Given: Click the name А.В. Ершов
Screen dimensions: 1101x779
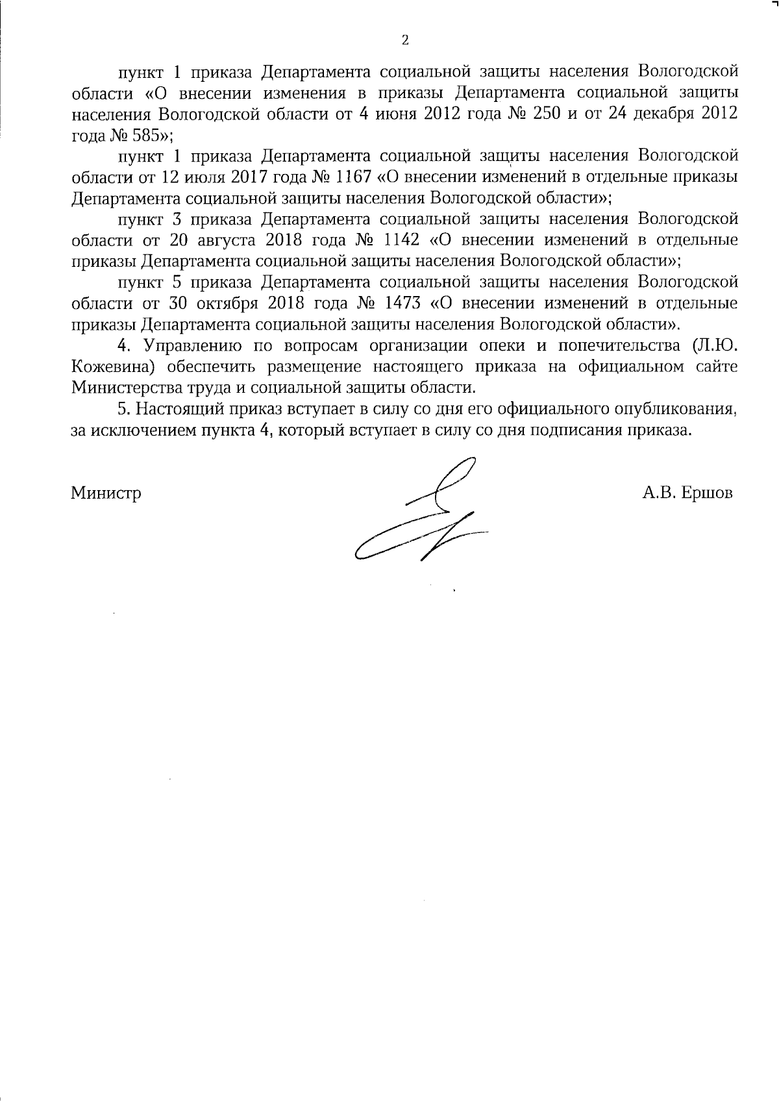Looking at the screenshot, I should pyautogui.click(x=687, y=493).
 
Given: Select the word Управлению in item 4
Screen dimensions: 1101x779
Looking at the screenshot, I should pyautogui.click(x=192, y=345).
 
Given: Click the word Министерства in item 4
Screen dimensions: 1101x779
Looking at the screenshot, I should pyautogui.click(x=122, y=388).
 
